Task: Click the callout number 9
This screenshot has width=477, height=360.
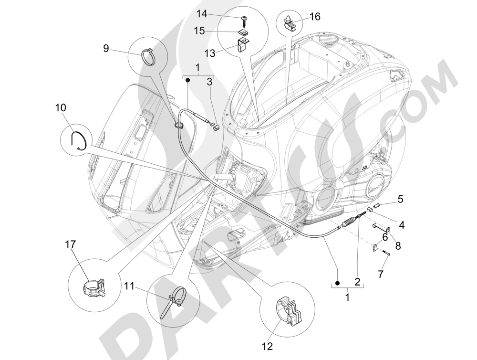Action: [x=105, y=48]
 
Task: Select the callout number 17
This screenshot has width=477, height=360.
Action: [x=70, y=244]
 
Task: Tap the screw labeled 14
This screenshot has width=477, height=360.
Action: [x=245, y=19]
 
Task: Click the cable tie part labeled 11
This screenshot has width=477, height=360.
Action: [x=174, y=300]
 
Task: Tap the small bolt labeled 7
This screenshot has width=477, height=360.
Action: [x=385, y=256]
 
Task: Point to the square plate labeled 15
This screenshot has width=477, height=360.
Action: [x=244, y=32]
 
